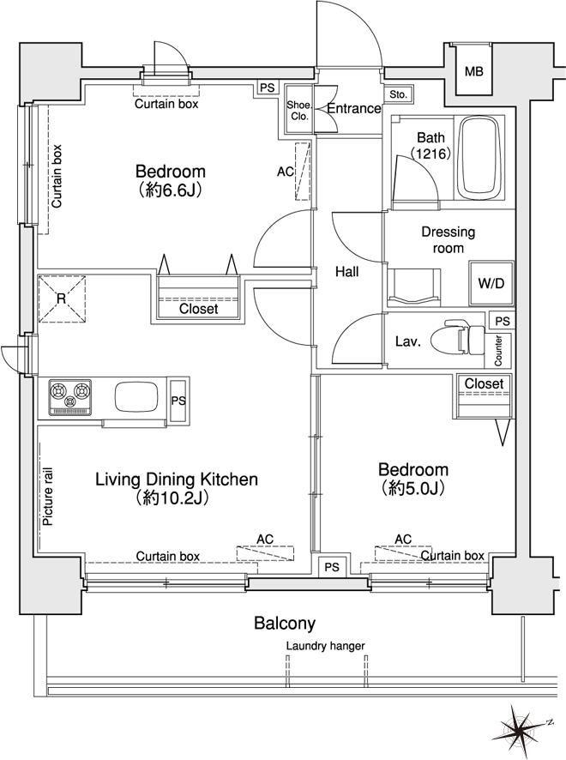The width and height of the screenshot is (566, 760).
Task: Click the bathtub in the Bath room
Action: [x=479, y=157]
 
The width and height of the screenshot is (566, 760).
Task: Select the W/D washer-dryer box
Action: [x=491, y=284]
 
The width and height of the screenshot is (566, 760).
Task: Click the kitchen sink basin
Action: [x=135, y=397]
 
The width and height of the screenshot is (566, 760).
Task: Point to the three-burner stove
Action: [x=69, y=397]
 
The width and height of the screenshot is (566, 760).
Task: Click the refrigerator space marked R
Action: [x=62, y=299]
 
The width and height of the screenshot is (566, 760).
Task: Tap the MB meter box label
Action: [x=474, y=72]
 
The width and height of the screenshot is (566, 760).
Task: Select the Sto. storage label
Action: [x=398, y=94]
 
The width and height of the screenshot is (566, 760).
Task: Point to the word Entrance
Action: [x=354, y=109]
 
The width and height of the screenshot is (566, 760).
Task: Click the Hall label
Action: [x=347, y=272]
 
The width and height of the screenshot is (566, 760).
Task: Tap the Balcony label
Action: [x=285, y=623]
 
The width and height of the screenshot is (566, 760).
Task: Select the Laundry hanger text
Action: [x=325, y=646]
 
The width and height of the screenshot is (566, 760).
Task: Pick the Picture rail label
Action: [x=48, y=497]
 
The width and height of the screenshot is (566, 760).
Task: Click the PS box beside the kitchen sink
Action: [x=179, y=401]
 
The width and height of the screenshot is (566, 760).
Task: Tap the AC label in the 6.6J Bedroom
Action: [x=286, y=172]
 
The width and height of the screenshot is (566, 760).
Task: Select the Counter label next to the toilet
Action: [x=498, y=351]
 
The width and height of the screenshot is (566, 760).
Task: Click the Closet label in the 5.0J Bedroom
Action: [x=485, y=383]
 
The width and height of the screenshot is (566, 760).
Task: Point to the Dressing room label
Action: [x=449, y=240]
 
